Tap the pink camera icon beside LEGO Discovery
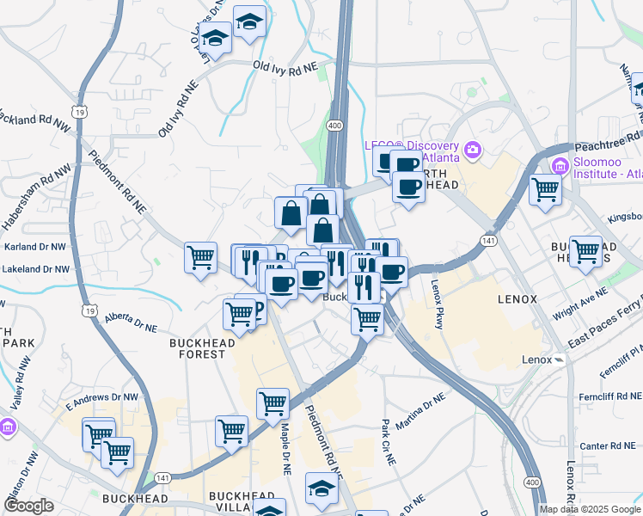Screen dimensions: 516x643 pyautogui.click(x=472, y=152)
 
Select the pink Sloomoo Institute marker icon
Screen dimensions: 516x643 pyautogui.click(x=560, y=166)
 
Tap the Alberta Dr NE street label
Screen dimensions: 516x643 pyautogui.click(x=132, y=322)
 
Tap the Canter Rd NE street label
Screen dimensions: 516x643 pyautogui.click(x=606, y=445)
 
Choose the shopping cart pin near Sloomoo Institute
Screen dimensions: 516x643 pyautogui.click(x=545, y=188)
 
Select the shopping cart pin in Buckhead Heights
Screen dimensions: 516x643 pyautogui.click(x=585, y=251)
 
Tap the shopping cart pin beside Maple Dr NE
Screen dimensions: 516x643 pyautogui.click(x=273, y=402)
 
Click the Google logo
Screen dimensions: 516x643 pyautogui.click(x=28, y=506)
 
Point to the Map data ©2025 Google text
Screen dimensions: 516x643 pyautogui.click(x=590, y=509)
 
